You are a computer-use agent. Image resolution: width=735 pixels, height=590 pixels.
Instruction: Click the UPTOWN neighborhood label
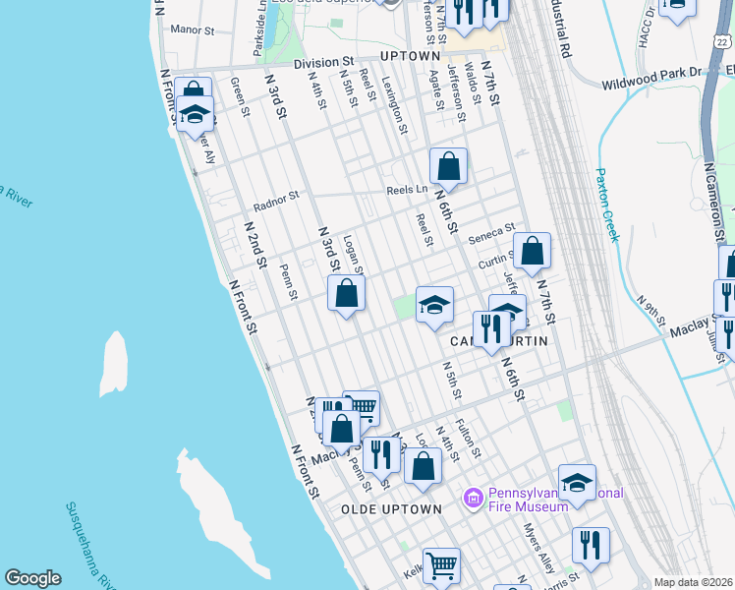[410, 56]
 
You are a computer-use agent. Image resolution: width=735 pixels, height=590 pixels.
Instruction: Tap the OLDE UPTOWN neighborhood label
[391, 509]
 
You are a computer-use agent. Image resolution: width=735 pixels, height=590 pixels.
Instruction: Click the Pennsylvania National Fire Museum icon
[474, 499]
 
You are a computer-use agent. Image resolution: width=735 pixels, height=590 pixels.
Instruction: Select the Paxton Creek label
[606, 205]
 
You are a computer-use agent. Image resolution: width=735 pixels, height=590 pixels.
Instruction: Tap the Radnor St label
[275, 202]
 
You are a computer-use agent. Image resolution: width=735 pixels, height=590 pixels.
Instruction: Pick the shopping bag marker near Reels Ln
[448, 166]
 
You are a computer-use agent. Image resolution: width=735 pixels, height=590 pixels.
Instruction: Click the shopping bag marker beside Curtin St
[532, 251]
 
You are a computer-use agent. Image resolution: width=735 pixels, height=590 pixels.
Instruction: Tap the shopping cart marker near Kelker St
[441, 564]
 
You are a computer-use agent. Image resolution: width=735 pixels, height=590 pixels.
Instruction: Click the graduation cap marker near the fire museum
[577, 481]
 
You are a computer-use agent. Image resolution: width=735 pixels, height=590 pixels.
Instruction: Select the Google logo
[32, 578]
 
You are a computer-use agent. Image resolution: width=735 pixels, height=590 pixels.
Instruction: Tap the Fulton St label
[469, 439]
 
